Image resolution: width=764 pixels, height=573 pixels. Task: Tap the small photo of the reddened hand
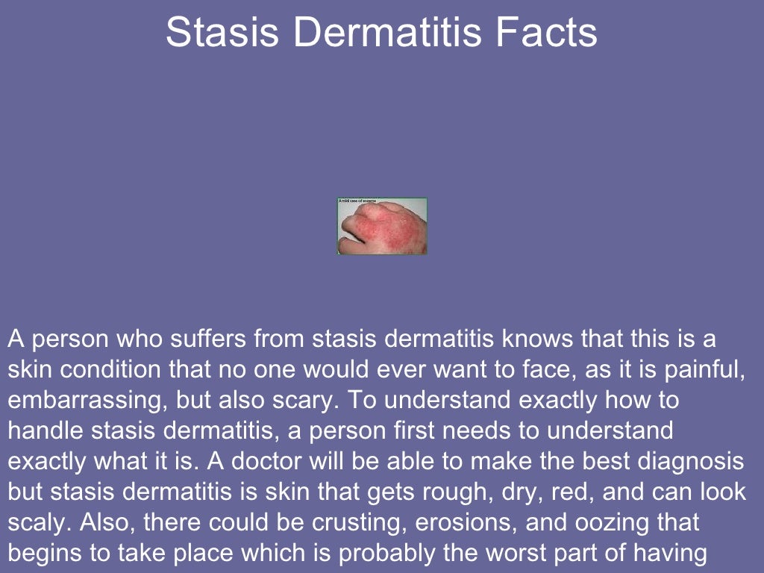[x=382, y=226]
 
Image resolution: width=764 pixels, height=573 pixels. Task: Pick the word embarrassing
[x=86, y=400]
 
